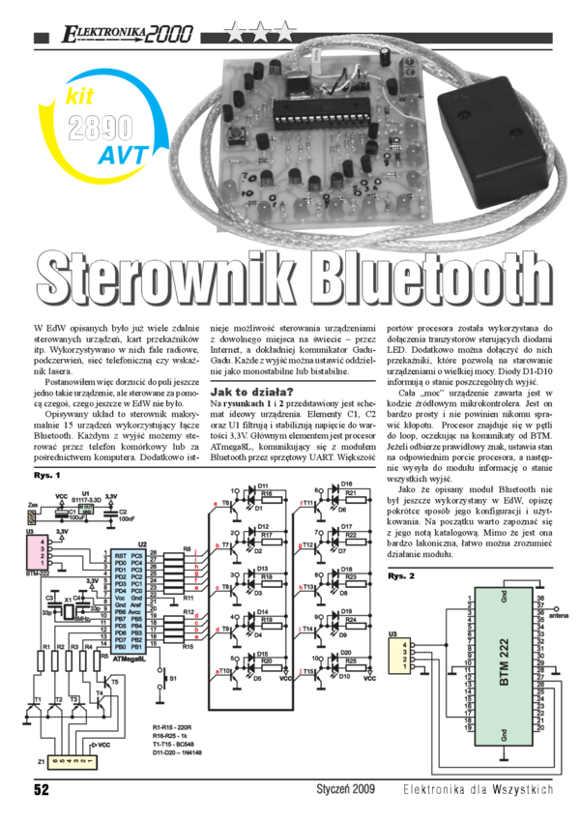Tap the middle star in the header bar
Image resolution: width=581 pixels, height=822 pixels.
(258, 35)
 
